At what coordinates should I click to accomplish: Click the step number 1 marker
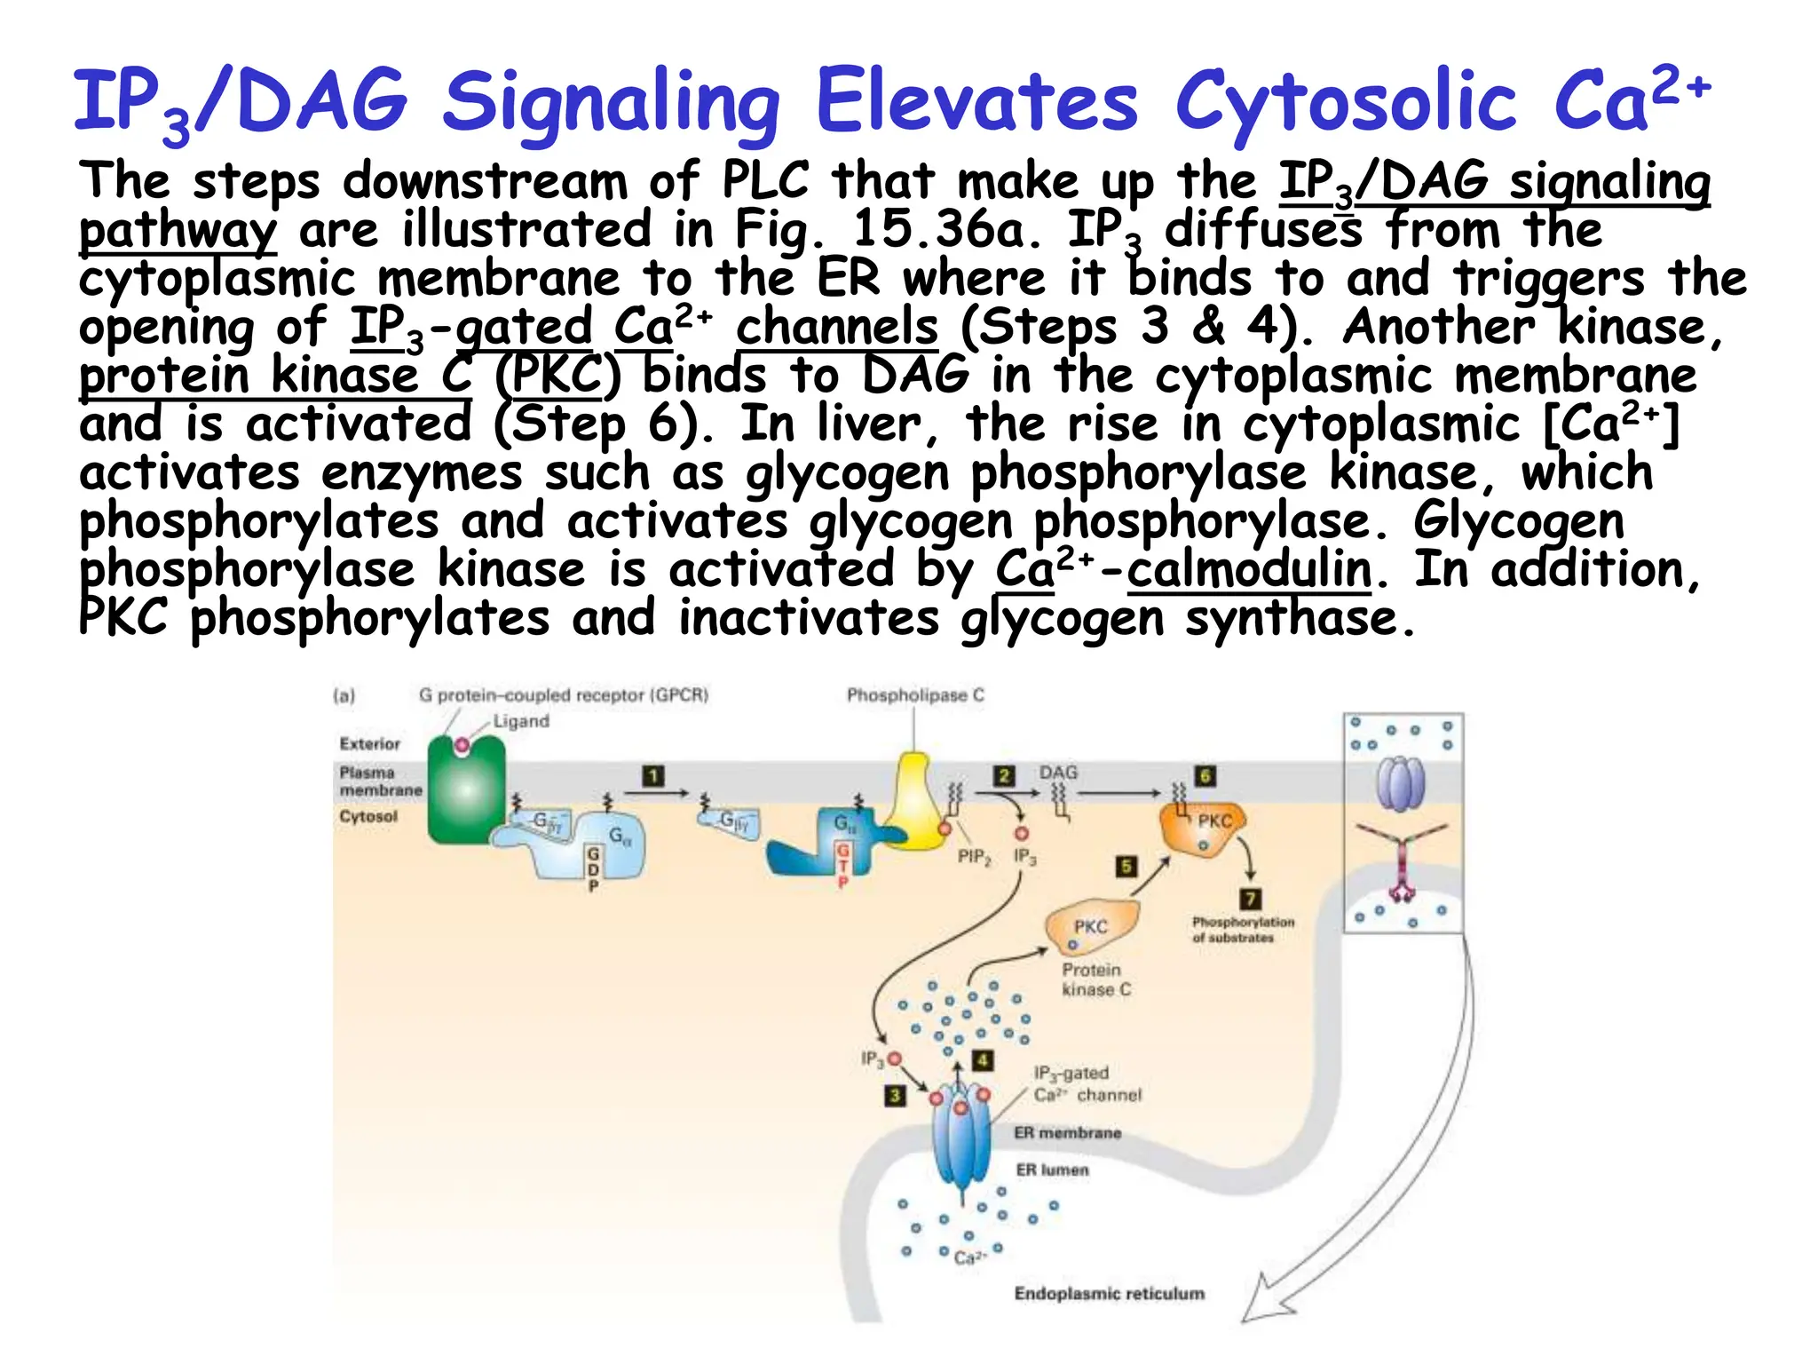pos(653,776)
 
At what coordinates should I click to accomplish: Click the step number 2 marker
pos(1004,775)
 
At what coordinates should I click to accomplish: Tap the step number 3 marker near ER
pos(895,1095)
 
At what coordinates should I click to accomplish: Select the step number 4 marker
pos(982,1060)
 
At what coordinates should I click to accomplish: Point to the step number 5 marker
pos(1126,866)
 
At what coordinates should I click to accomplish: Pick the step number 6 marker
pos(1205,775)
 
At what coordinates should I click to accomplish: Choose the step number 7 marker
pos(1250,899)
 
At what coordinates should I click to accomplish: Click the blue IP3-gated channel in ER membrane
pos(961,1141)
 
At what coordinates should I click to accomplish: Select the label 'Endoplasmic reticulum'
pos(1109,1294)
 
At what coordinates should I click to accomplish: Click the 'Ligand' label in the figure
pos(521,721)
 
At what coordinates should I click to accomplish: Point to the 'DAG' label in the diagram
pos(1058,773)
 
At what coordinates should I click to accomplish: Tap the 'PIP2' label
pos(974,857)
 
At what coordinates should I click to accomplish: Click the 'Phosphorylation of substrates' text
pos(1242,930)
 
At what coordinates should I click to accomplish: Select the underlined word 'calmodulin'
pos(1250,570)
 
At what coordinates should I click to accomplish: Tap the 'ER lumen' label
pos(1052,1170)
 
